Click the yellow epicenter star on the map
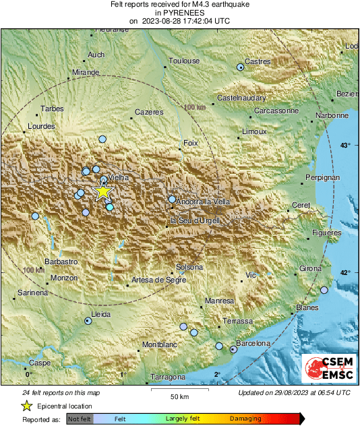point(102,192)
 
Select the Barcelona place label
point(254,344)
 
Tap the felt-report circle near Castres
point(241,67)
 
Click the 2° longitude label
point(218,375)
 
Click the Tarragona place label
point(168,377)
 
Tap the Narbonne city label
point(333,115)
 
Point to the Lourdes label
point(42,126)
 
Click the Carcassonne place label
point(276,111)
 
